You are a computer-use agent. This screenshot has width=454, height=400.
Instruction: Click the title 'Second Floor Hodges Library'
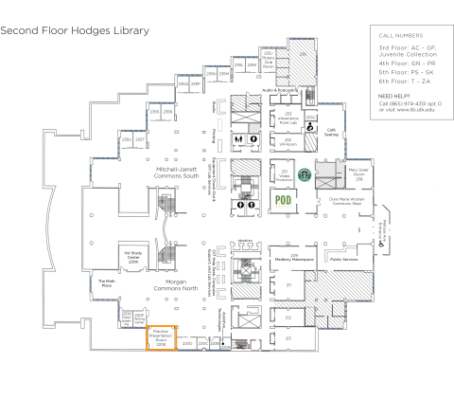click(75, 30)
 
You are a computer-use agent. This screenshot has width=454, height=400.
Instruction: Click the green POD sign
click(282, 200)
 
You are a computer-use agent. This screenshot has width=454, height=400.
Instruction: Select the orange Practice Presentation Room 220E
click(160, 336)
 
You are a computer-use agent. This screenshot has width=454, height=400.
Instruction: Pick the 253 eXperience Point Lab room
click(286, 117)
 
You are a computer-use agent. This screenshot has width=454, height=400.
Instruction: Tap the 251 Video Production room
click(284, 175)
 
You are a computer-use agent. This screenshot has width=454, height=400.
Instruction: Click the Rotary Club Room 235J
click(268, 60)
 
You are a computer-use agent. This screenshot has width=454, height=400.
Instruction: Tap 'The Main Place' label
click(106, 282)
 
